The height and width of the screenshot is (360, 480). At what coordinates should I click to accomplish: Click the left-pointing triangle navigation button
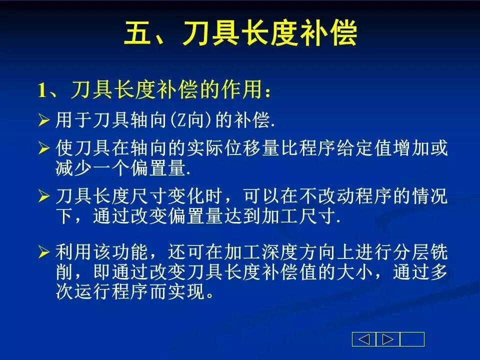(x=364, y=339)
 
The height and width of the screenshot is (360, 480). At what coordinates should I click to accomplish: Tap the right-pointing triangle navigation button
(x=388, y=339)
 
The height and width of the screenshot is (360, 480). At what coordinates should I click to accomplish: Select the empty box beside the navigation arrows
(x=412, y=339)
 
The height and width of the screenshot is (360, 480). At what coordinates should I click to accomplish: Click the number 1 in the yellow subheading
(x=41, y=90)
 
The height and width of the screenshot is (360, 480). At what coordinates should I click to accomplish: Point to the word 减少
(x=74, y=168)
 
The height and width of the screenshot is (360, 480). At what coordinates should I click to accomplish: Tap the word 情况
(x=430, y=196)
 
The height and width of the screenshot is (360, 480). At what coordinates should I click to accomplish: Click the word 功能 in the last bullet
(x=129, y=252)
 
